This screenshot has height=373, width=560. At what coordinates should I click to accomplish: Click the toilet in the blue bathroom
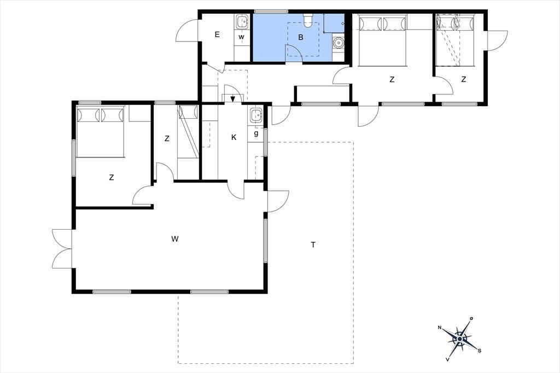pyautogui.click(x=308, y=20)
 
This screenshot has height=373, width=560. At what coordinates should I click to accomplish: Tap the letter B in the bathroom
pyautogui.click(x=301, y=37)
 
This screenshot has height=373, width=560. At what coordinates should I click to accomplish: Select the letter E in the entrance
pyautogui.click(x=217, y=34)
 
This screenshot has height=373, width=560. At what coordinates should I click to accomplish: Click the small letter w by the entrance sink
pyautogui.click(x=241, y=37)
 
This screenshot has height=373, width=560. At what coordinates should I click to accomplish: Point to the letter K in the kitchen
pyautogui.click(x=234, y=137)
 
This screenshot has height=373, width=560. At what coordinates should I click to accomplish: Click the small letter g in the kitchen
pyautogui.click(x=256, y=133)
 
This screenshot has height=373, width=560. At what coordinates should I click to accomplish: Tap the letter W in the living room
pyautogui.click(x=174, y=239)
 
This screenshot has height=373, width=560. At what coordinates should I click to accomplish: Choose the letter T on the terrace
pyautogui.click(x=313, y=244)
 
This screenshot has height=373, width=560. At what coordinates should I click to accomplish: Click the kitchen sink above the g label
pyautogui.click(x=256, y=115)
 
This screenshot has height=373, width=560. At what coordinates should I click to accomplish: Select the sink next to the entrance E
pyautogui.click(x=242, y=22)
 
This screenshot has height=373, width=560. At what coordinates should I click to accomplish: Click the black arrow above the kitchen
pyautogui.click(x=233, y=98)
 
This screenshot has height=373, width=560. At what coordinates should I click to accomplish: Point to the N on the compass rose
pyautogui.click(x=440, y=327)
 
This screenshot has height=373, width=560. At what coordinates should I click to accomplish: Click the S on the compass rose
pyautogui.click(x=480, y=350)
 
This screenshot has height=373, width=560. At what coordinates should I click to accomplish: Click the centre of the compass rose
pyautogui.click(x=459, y=339)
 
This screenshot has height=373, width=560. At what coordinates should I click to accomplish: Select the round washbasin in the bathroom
pyautogui.click(x=337, y=43)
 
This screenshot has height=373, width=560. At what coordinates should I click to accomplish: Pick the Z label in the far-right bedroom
pyautogui.click(x=464, y=79)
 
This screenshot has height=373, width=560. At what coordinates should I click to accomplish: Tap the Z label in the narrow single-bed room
pyautogui.click(x=167, y=138)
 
